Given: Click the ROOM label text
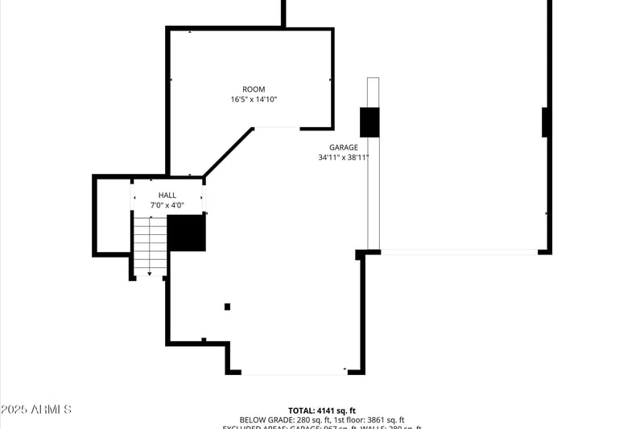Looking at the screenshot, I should (x=254, y=89).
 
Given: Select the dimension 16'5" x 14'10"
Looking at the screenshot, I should (x=254, y=100).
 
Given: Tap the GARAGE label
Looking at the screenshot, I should (x=343, y=147).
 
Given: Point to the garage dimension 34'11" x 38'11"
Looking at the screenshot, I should (x=343, y=158).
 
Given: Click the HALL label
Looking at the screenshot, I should (x=167, y=195).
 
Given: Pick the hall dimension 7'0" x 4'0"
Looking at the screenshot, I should (x=167, y=205).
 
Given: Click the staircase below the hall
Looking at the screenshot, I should (x=150, y=245).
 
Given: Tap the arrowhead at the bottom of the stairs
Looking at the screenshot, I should (x=150, y=274).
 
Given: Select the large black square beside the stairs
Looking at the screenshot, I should (x=187, y=233).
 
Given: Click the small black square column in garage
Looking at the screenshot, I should (x=227, y=307).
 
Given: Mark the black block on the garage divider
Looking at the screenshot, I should (x=369, y=122).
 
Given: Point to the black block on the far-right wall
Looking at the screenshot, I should (x=547, y=122).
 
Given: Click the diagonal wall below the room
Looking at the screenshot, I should (x=229, y=151).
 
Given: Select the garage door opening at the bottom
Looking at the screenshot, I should (x=294, y=373).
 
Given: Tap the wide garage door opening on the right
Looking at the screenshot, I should (x=459, y=252).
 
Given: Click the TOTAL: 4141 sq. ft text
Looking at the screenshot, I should (x=322, y=410).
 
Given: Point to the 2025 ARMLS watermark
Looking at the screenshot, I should (x=36, y=410).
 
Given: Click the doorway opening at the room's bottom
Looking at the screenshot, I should (x=277, y=128).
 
